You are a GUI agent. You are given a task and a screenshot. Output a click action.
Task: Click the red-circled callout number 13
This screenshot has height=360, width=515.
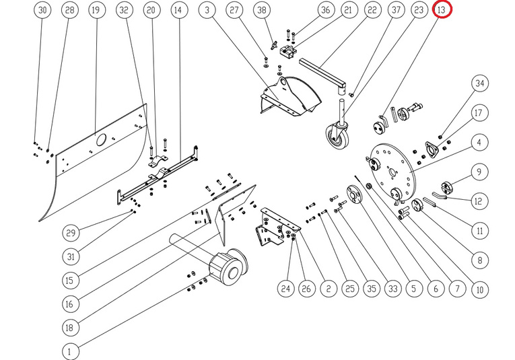click(x=442, y=11)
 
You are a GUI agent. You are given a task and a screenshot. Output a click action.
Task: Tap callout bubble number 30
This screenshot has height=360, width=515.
click(x=42, y=11)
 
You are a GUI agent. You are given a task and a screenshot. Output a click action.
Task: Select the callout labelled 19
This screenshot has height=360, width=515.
click(x=96, y=11)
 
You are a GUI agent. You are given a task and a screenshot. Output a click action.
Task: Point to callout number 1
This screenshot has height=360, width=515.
click(x=69, y=351)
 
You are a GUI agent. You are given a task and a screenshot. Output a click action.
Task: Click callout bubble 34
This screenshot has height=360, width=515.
click(x=479, y=84)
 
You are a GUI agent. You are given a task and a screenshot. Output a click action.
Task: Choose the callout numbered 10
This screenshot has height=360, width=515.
click(x=479, y=290)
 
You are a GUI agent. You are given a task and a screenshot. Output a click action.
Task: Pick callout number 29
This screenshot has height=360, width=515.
click(x=69, y=233)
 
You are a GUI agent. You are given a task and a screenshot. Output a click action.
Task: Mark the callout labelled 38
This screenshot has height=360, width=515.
click(x=262, y=11)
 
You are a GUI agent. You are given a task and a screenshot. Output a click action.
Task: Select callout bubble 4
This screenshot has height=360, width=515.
click(x=479, y=143)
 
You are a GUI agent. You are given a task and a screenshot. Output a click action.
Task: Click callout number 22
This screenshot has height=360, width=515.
click(x=372, y=11)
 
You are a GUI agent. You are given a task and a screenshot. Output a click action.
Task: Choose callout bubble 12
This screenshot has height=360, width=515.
click(x=479, y=201)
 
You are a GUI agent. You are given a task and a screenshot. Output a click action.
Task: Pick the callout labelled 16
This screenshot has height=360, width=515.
click(x=69, y=303)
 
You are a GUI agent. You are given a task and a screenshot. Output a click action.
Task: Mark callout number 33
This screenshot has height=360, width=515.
click(x=392, y=289)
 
